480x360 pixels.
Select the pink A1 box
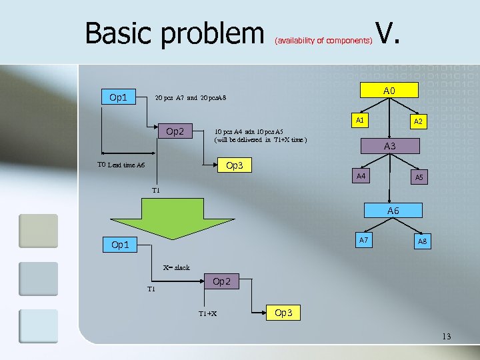359,121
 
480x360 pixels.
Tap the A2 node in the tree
418,122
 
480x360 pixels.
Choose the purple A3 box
389,146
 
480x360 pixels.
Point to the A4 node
361,176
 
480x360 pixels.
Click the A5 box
419,178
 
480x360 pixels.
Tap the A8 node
422,241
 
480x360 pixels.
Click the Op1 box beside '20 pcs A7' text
118,97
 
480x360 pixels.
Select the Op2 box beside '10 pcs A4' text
175,131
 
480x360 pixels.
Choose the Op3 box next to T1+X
283,313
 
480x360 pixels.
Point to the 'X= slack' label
176,267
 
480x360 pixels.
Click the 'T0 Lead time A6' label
121,165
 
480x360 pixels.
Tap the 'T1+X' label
207,314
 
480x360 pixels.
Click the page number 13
446,337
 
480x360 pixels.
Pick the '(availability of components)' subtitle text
323,41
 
